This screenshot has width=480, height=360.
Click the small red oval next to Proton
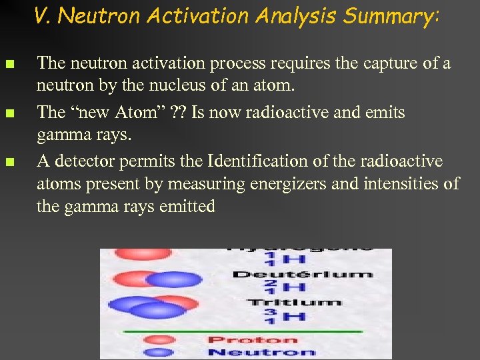[x=162, y=339]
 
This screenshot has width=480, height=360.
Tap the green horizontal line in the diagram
[x=243, y=331]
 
